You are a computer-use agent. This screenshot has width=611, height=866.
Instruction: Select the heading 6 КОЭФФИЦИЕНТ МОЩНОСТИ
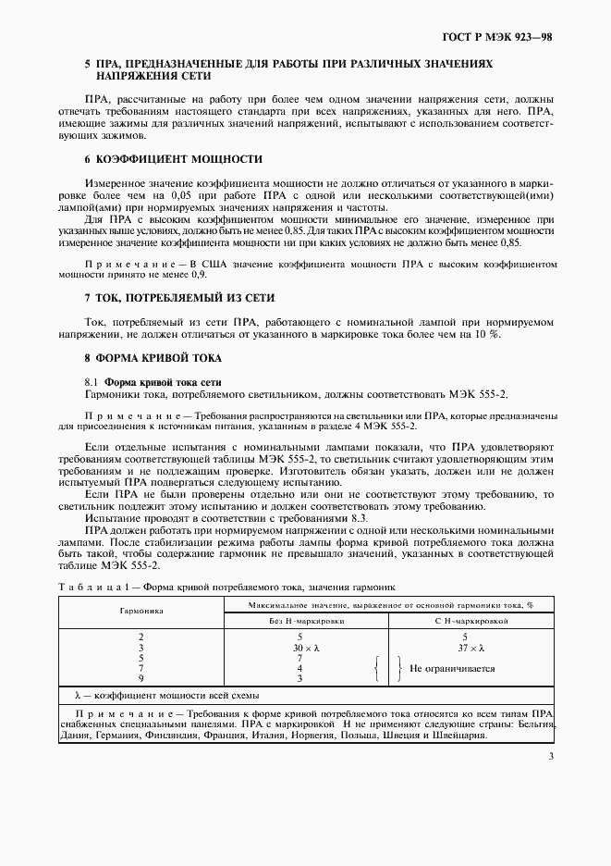173,159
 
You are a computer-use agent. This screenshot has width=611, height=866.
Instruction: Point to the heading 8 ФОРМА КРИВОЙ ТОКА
153,357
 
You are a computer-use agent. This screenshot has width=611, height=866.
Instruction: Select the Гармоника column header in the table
141,612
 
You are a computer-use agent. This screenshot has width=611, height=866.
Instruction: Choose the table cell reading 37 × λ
465,648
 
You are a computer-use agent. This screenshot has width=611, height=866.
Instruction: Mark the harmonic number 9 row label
141,678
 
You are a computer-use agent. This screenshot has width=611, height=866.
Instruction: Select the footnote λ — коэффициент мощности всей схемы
165,695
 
